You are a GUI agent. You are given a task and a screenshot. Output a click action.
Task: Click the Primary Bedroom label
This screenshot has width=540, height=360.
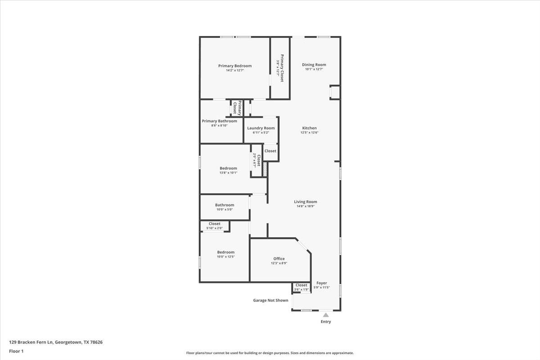(235, 66)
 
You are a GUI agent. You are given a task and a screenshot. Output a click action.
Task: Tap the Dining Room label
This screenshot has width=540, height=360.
(314, 65)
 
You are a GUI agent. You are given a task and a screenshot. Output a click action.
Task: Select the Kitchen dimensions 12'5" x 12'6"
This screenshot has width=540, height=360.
(309, 133)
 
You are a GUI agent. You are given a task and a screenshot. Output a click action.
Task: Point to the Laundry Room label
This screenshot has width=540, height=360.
(261, 128)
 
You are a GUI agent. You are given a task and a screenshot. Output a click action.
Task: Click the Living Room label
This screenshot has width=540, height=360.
(306, 202)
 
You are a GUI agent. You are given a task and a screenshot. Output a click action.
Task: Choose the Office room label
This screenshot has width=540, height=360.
(279, 259)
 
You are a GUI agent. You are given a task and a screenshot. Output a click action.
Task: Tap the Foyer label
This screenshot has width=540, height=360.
(322, 283)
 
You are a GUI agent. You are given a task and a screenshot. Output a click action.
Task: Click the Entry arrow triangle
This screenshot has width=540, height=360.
(326, 315)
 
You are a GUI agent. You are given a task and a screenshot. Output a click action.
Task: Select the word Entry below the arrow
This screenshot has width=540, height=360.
(326, 322)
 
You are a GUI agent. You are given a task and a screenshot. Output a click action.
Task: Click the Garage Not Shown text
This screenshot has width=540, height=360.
(270, 301)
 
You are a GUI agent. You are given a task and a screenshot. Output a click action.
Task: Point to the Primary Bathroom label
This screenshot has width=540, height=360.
(219, 121)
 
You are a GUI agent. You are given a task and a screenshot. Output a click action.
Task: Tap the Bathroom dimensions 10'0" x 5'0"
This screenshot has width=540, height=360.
(225, 209)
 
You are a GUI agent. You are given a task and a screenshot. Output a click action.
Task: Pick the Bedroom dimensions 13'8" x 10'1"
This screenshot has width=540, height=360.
(228, 173)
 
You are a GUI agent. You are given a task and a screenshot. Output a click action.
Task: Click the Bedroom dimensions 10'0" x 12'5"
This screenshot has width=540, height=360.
(225, 256)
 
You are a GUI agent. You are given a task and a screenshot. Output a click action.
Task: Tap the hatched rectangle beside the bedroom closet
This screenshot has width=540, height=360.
(265, 169)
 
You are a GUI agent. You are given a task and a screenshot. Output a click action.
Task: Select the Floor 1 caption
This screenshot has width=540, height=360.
(16, 351)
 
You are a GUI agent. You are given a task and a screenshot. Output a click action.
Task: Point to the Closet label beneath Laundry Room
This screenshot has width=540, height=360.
(270, 151)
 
